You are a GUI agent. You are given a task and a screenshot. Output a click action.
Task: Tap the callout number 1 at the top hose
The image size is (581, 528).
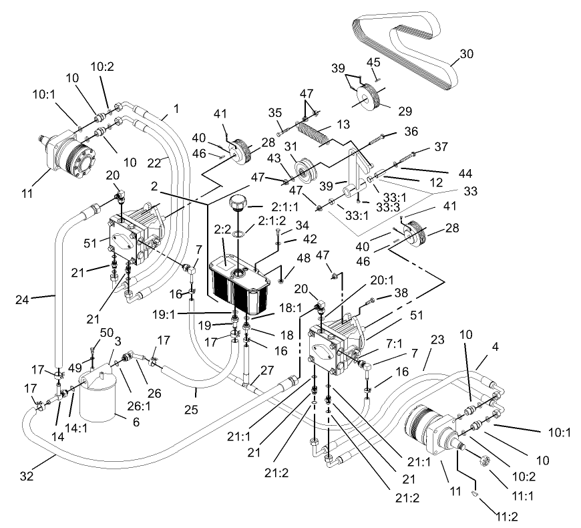coord(176,107)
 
